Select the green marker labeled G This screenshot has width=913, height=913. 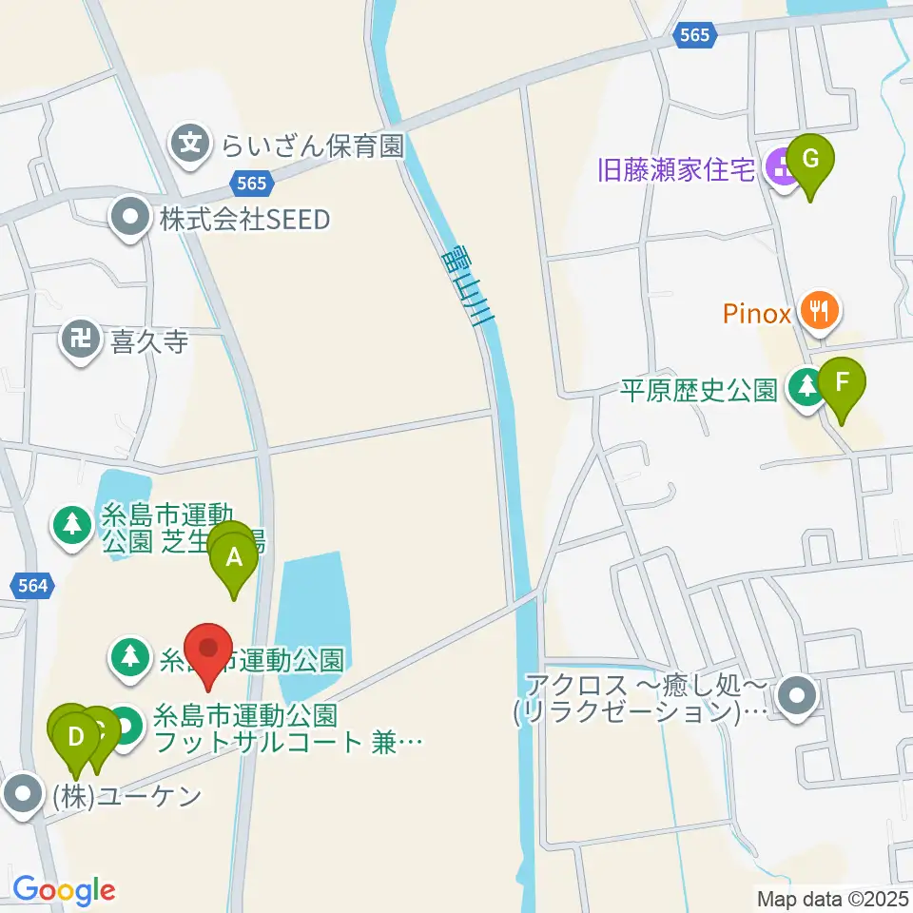pos(810,161)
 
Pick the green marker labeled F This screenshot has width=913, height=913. pos(841,384)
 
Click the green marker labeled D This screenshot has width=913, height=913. pos(76,735)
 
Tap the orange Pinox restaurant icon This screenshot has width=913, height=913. pos(817,309)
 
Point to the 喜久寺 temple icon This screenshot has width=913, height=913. pos(81,339)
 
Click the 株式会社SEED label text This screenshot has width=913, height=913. pos(244,220)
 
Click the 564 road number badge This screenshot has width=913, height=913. pos(33,586)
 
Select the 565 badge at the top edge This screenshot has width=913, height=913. pos(694,34)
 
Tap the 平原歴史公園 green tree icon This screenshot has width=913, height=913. pos(807,387)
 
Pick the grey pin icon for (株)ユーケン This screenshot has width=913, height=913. pos(23,795)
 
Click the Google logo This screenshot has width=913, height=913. pos(64,889)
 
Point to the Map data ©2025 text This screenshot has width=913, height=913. pos(832,897)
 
